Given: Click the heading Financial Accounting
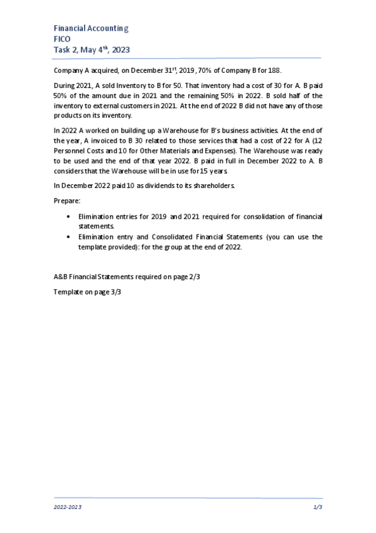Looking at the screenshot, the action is click(91, 28).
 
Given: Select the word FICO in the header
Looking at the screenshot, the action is click(62, 39).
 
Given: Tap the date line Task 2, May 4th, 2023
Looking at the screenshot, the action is click(92, 50).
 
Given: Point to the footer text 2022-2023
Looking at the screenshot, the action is click(67, 506).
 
